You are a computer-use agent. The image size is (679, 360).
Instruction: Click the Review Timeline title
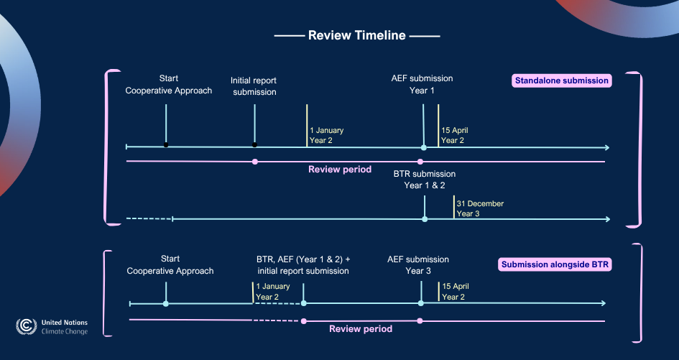(356, 35)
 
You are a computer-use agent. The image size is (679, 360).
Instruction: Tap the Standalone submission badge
(561, 80)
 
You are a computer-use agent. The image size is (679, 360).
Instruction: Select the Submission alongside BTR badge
(555, 264)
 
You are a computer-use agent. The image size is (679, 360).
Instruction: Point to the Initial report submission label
(254, 86)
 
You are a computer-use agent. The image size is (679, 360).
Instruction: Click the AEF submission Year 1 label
(422, 85)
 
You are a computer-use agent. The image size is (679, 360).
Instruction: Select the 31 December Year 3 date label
(480, 208)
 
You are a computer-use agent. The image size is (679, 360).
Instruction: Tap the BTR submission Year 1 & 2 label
(424, 180)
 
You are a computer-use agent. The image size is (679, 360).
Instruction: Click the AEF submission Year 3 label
(418, 265)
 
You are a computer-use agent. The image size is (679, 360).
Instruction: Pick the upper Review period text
(340, 170)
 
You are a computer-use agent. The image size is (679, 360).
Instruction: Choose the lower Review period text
(361, 328)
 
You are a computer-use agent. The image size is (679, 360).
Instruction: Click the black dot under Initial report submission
(255, 145)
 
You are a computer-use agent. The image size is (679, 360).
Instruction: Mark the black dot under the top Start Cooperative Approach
(166, 145)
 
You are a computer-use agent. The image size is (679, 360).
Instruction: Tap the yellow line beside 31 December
(453, 207)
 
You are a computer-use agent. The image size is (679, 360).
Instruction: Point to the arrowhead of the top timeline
(607, 147)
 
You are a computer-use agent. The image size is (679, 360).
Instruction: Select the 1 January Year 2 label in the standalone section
(326, 135)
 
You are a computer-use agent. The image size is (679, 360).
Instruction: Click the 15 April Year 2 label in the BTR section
(455, 292)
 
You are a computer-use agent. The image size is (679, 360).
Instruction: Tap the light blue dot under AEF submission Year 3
(420, 303)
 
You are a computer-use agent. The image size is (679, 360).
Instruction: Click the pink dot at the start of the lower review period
(304, 320)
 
